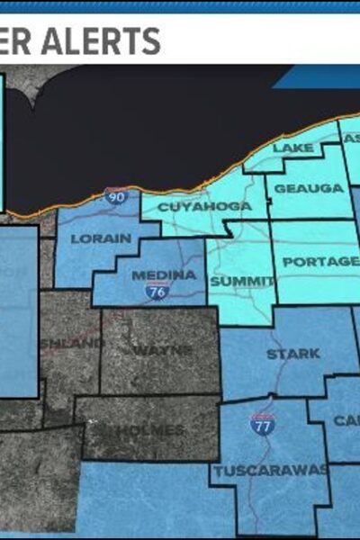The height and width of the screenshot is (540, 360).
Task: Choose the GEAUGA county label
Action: click(296, 188)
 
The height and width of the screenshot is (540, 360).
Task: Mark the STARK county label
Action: click(292, 354)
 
